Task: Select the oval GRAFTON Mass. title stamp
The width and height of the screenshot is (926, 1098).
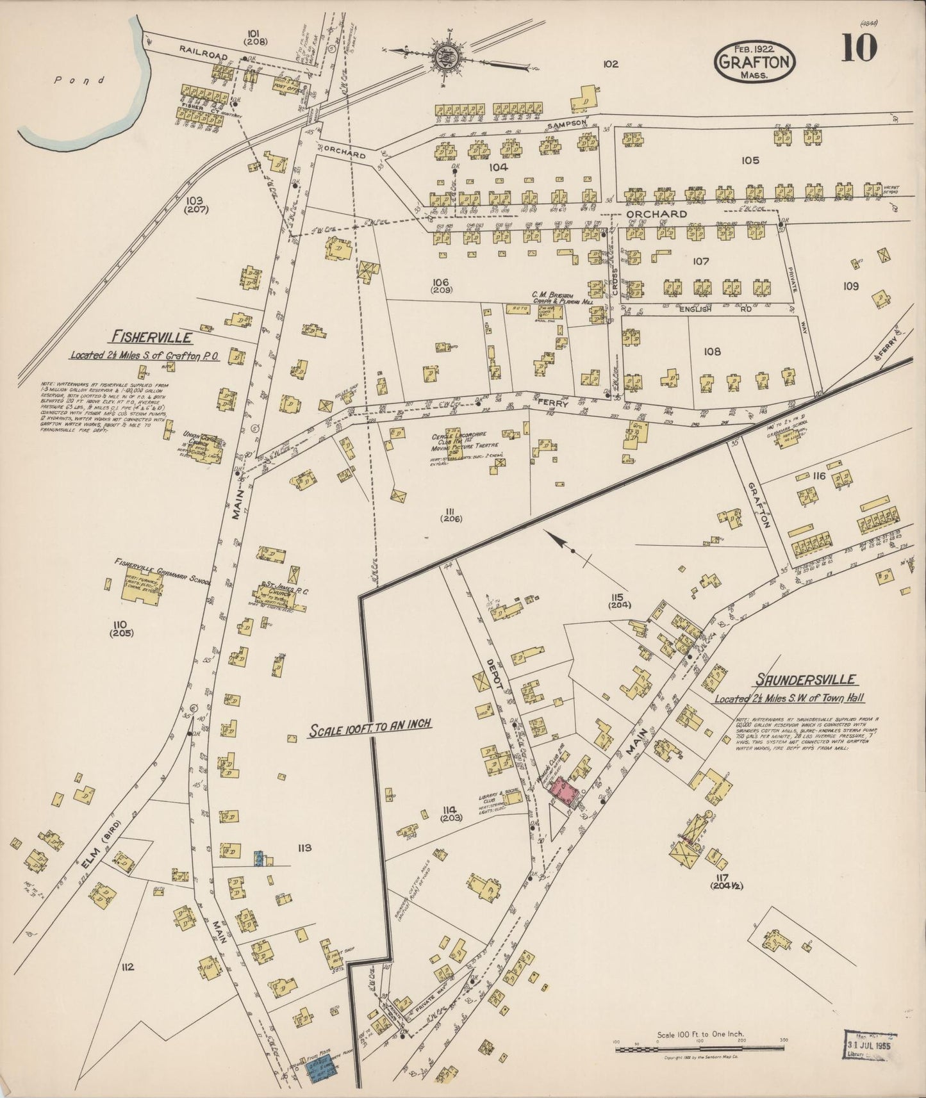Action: pyautogui.click(x=755, y=62)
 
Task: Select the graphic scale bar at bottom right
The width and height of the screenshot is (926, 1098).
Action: pyautogui.click(x=699, y=1049)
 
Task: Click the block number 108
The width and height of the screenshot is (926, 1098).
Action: pyautogui.click(x=712, y=352)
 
